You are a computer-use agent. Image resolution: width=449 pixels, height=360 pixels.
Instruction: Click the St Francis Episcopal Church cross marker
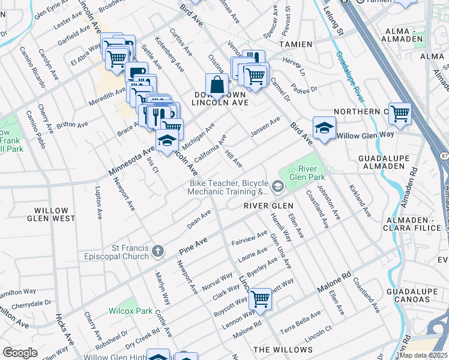click(157, 251)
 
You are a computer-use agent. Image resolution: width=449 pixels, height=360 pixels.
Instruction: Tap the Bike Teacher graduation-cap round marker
click(277, 187)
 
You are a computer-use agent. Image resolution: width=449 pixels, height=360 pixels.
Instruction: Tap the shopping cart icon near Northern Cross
click(399, 112)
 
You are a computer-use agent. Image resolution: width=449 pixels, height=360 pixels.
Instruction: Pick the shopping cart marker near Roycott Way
click(260, 298)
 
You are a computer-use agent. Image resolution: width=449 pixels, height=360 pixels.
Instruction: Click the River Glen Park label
click(307, 173)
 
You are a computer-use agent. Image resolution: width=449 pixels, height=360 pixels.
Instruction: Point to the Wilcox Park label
click(130, 311)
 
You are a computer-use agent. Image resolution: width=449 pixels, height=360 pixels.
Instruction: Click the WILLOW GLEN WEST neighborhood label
click(51, 214)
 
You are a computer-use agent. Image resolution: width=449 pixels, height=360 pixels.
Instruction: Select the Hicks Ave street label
click(64, 329)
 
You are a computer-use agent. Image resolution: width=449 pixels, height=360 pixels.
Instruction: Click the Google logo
click(20, 353)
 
